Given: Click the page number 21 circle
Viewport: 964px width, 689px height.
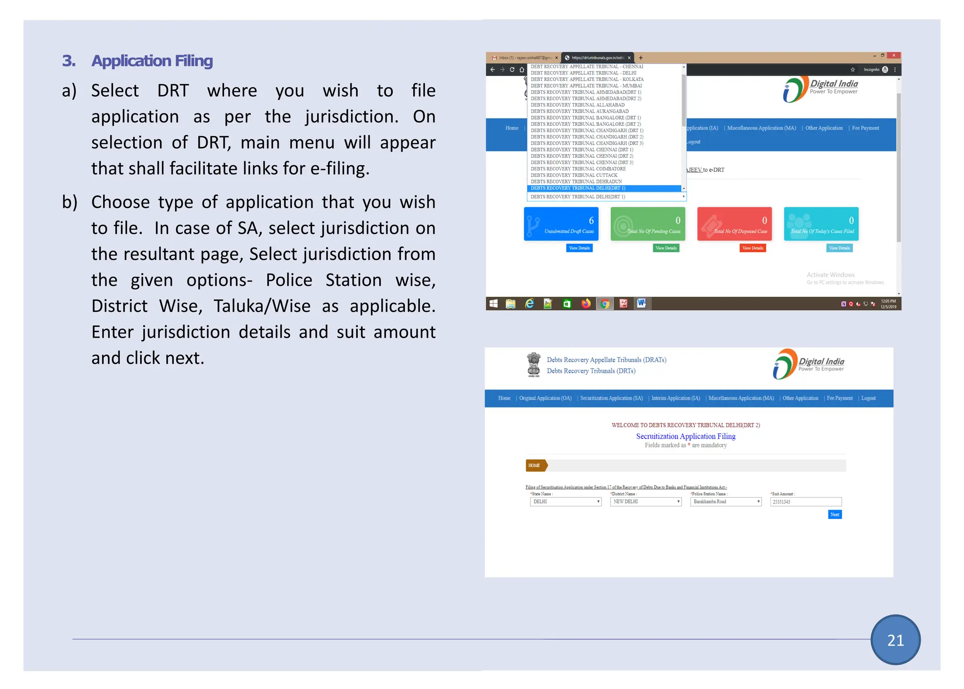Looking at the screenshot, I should point(895,640).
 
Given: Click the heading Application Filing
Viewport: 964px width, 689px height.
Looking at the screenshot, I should point(152,61).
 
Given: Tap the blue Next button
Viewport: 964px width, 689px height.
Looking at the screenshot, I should point(835,514).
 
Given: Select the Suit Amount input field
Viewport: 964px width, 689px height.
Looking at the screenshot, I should point(805,502).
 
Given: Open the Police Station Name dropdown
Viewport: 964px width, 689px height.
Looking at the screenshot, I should point(725,502).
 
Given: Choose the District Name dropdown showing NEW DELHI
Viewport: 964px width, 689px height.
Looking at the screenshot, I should point(645,502).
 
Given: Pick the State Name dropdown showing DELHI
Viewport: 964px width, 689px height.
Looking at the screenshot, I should point(565,502).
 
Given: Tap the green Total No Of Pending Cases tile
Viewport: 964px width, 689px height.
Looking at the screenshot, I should point(648,224).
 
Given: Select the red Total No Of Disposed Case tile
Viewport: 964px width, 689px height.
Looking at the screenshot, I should point(734,224).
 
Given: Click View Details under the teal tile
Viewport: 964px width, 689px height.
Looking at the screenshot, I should point(839,248).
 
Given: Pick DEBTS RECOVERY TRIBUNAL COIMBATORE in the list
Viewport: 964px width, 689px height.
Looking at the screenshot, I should point(578,169).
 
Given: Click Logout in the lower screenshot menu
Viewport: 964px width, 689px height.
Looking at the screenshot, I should point(868,398).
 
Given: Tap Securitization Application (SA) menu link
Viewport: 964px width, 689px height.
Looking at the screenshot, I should point(611,398).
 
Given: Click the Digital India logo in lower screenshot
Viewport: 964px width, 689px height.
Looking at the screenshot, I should point(809,364).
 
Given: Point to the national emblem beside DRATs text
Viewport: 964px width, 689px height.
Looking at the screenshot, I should point(533,365).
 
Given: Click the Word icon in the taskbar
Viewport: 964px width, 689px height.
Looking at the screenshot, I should point(641,304).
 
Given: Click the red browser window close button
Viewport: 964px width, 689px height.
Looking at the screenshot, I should point(893,56).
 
